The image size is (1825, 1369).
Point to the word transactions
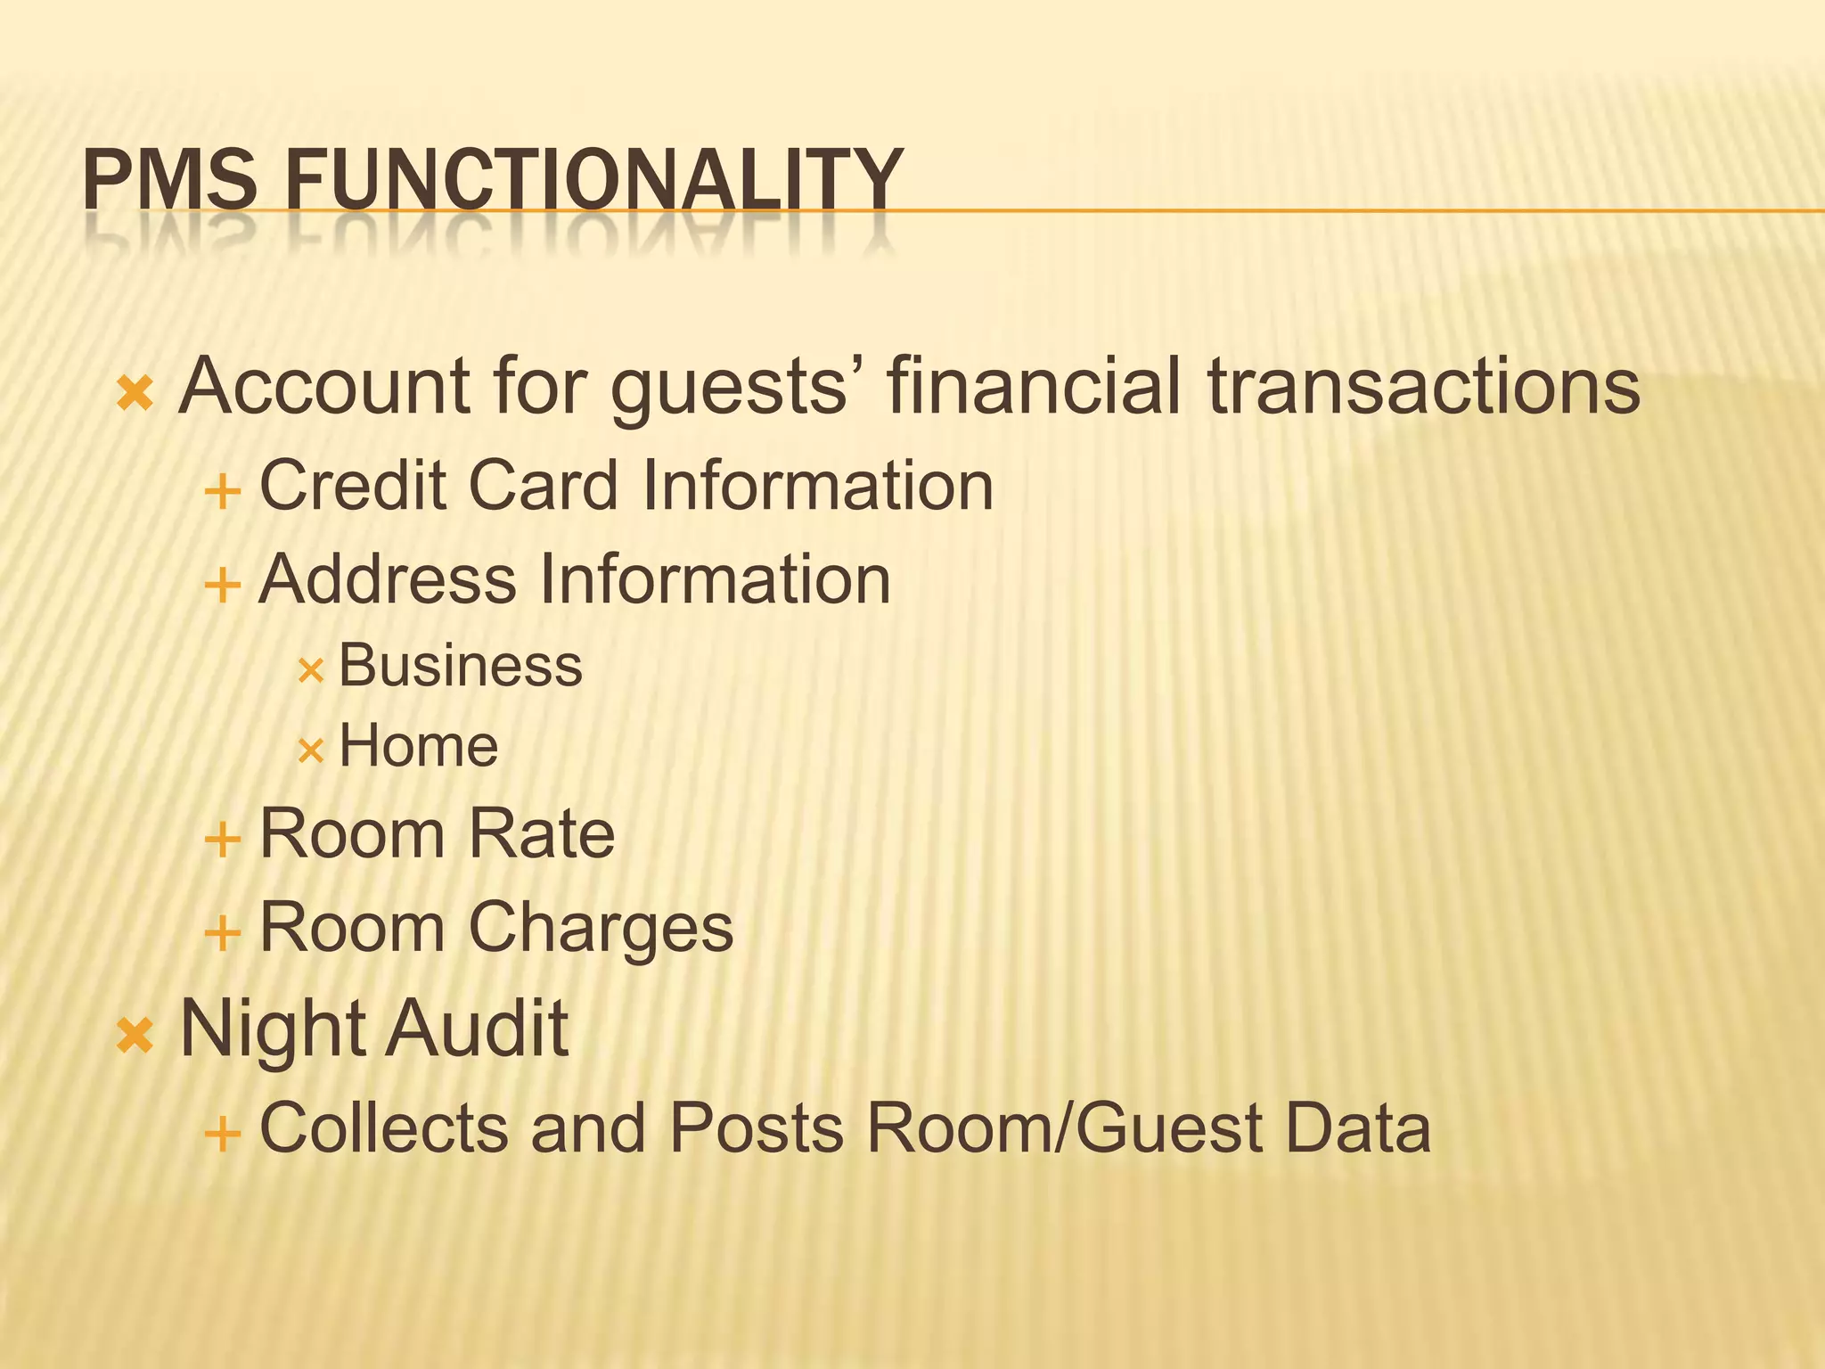pos(1423,387)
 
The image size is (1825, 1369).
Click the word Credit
pos(352,487)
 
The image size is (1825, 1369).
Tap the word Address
pos(388,580)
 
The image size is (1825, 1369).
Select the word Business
pos(461,666)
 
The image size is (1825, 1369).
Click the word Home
pos(419,746)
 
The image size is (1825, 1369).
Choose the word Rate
pos(541,834)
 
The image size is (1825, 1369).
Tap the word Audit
pos(477,1029)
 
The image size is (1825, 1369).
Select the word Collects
pos(383,1128)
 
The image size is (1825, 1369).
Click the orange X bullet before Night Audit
pos(135,1036)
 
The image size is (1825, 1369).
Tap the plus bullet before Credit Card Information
pos(223,492)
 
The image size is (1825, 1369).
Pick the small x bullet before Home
pos(310,751)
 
